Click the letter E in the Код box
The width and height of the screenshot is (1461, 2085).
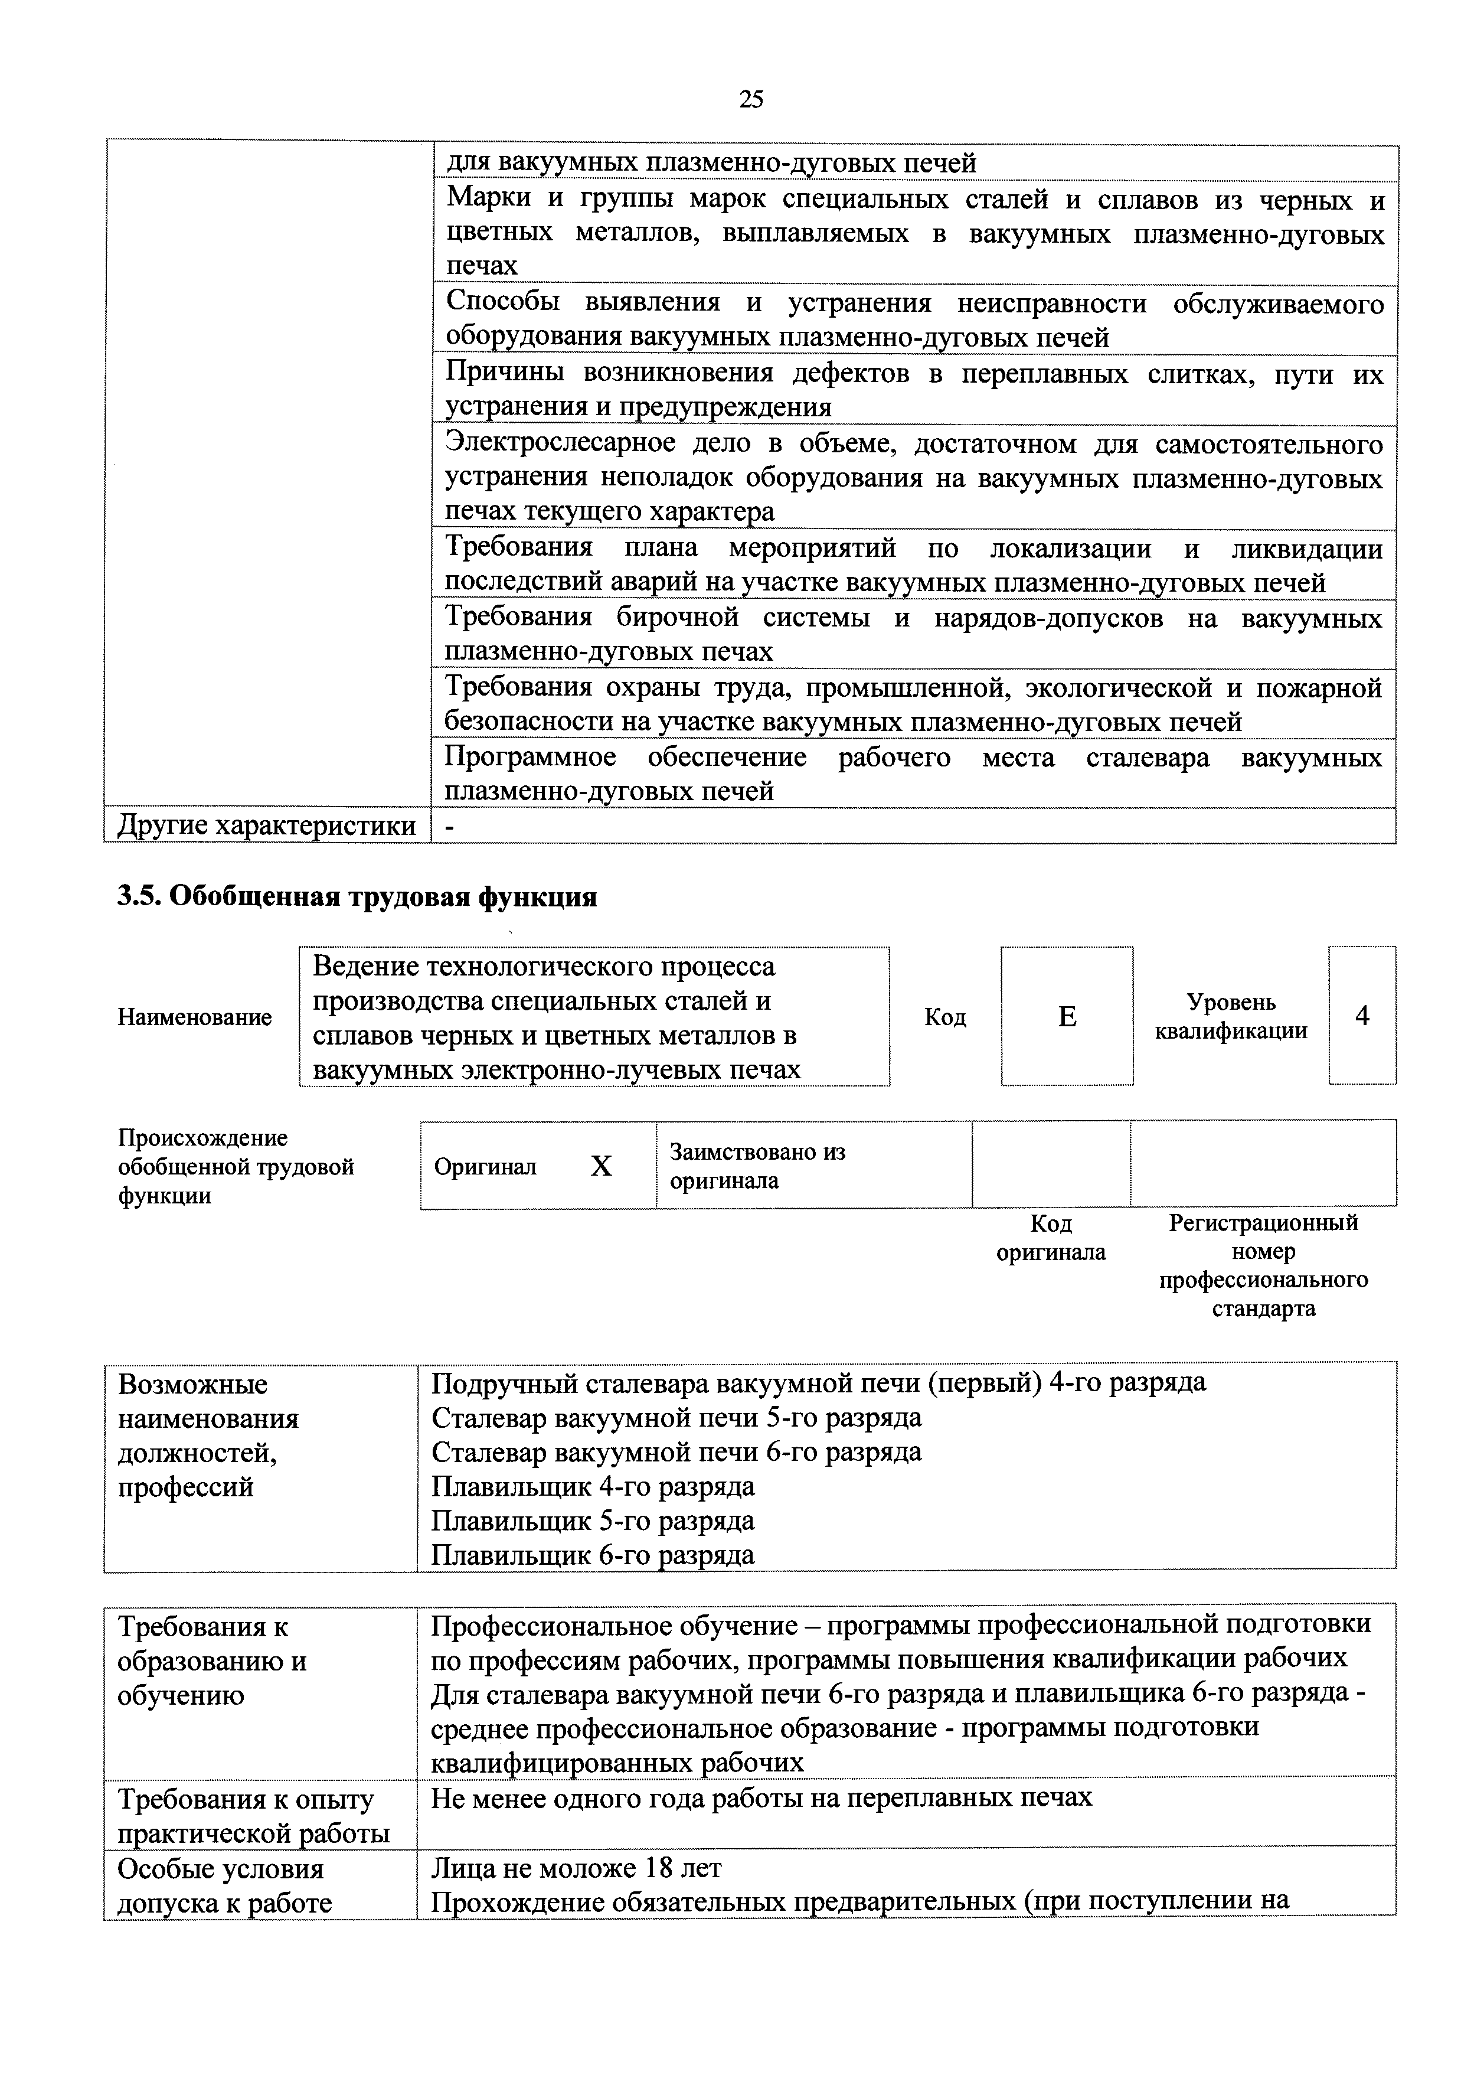point(1067,1017)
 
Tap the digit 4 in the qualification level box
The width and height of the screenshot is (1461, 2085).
point(1362,1015)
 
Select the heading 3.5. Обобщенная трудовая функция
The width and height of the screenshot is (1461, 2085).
point(357,897)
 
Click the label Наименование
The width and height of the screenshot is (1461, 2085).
point(194,1017)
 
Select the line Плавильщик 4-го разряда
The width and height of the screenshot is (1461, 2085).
point(593,1487)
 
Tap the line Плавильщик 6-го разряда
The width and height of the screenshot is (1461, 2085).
point(593,1555)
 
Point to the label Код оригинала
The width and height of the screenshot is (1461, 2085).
point(1051,1238)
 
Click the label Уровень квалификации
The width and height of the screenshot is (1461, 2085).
point(1231,1016)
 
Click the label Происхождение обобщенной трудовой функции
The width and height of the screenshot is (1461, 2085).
point(236,1166)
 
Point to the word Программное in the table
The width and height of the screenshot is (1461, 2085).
point(530,758)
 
